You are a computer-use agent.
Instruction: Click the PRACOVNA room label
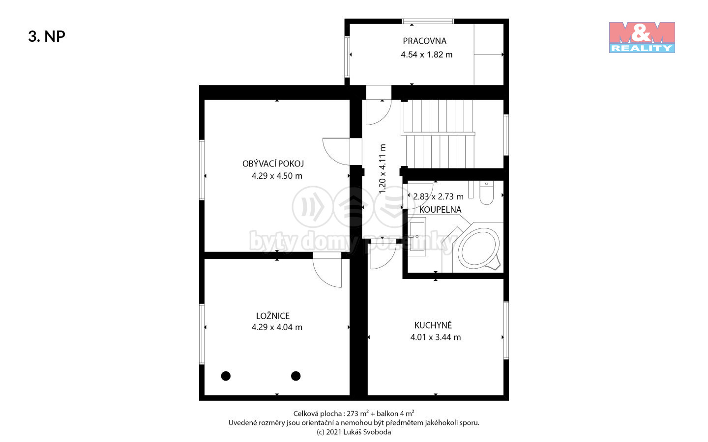[x=424, y=41]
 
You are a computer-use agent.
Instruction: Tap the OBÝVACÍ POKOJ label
[x=273, y=164]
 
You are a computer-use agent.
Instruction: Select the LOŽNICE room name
[x=273, y=316]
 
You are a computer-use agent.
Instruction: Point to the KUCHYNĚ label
[x=433, y=325]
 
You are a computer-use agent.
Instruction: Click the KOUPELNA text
[x=441, y=210]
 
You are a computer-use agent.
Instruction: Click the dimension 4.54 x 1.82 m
[x=427, y=55]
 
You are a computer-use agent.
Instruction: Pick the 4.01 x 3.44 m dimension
[x=436, y=337]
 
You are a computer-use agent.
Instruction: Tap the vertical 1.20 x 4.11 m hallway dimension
[x=383, y=169]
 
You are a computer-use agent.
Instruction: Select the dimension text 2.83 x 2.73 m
[x=439, y=196]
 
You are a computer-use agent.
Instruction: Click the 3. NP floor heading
[x=46, y=36]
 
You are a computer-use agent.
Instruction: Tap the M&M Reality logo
[x=642, y=37]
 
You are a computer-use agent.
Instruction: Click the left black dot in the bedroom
[x=226, y=376]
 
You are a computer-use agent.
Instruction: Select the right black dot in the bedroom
[x=296, y=376]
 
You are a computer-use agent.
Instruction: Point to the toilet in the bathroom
[x=486, y=193]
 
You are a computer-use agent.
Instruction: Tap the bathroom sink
[x=417, y=237]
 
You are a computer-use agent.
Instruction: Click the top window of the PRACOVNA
[x=428, y=21]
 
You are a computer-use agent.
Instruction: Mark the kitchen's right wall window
[x=506, y=330]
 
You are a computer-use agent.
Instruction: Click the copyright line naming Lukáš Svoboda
[x=354, y=432]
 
